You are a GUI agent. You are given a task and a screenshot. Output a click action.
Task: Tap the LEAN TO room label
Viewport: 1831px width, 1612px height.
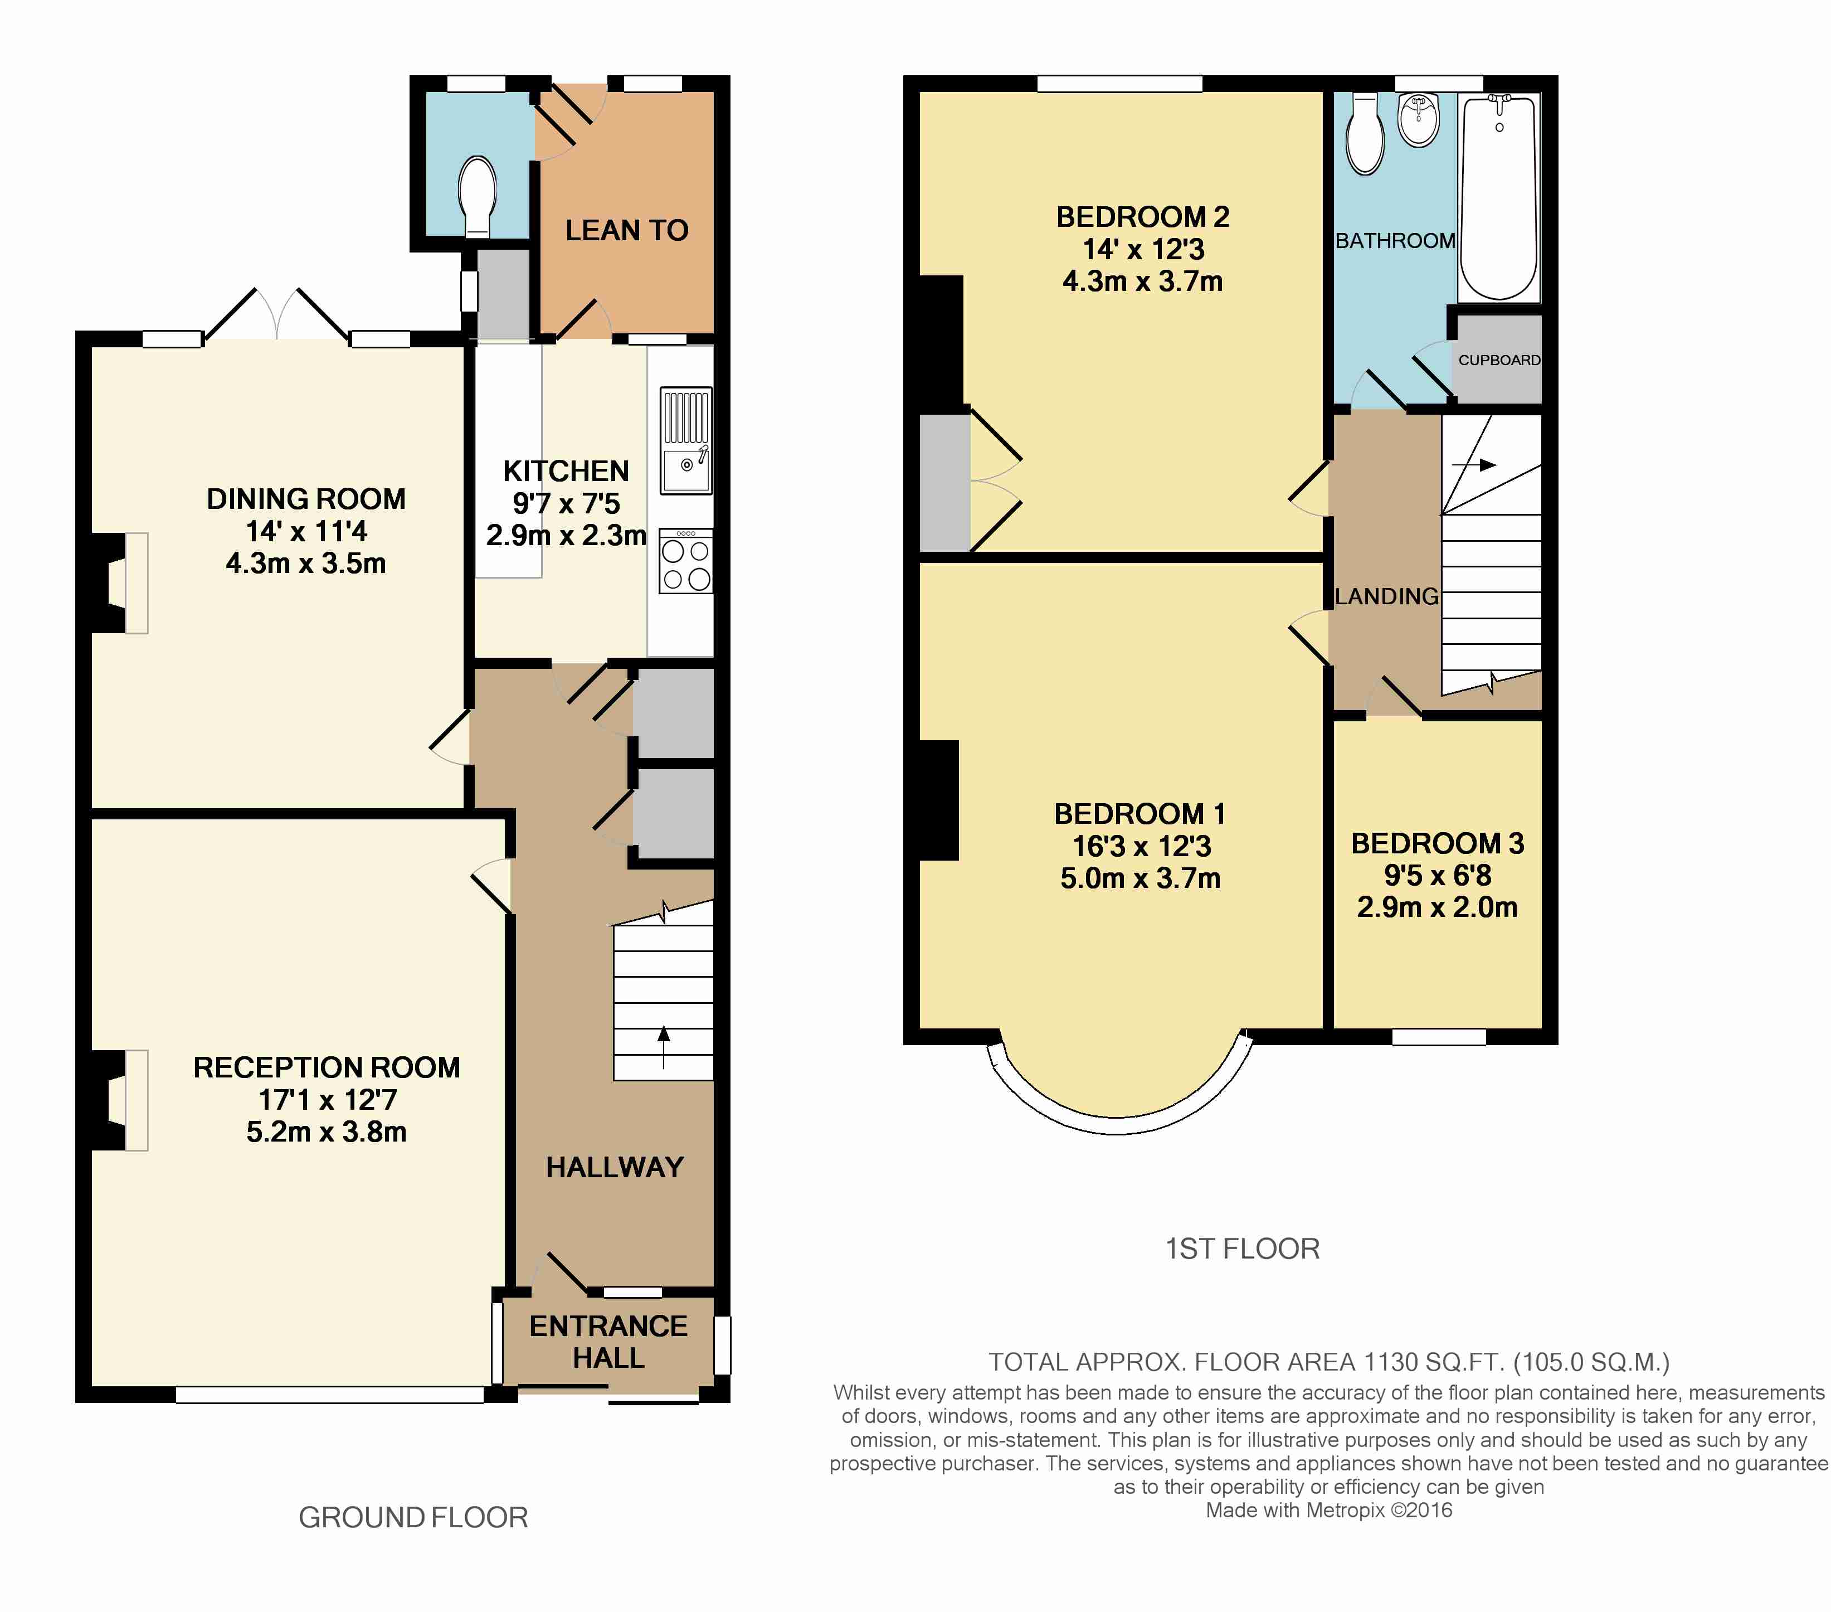pos(627,230)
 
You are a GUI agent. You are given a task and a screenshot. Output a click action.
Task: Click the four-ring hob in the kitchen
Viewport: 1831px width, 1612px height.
pos(686,561)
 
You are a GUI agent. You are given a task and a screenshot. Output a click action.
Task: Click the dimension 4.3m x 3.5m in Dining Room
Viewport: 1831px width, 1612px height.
pos(306,563)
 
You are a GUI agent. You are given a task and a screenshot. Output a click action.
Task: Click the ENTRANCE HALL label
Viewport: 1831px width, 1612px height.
pos(609,1342)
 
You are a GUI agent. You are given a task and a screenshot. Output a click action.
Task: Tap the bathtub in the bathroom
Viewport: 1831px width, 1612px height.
pos(1499,197)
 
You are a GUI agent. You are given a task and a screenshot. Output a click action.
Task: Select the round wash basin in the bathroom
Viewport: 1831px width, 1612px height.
pos(1418,119)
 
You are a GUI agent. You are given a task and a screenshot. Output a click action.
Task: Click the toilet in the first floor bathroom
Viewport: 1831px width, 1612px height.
pos(1365,134)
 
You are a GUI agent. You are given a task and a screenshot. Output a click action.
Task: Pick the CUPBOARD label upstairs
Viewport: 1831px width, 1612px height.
pos(1499,360)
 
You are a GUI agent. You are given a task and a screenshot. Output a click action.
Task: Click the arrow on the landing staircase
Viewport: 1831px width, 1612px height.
pos(1474,465)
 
